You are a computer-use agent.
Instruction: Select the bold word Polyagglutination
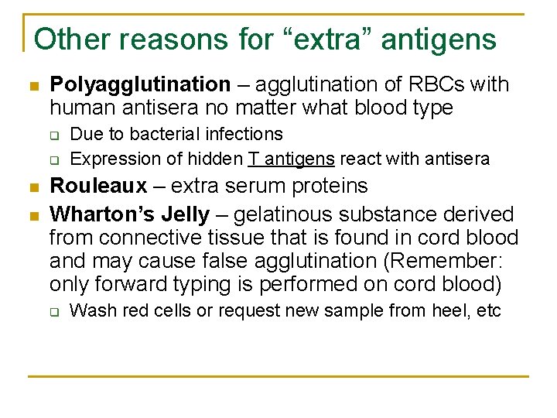pyautogui.click(x=140, y=84)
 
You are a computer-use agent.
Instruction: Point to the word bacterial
pyautogui.click(x=163, y=135)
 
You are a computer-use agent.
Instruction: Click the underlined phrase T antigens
pyautogui.click(x=291, y=159)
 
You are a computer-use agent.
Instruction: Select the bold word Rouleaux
pyautogui.click(x=97, y=186)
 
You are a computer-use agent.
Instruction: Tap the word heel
pyautogui.click(x=454, y=311)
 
